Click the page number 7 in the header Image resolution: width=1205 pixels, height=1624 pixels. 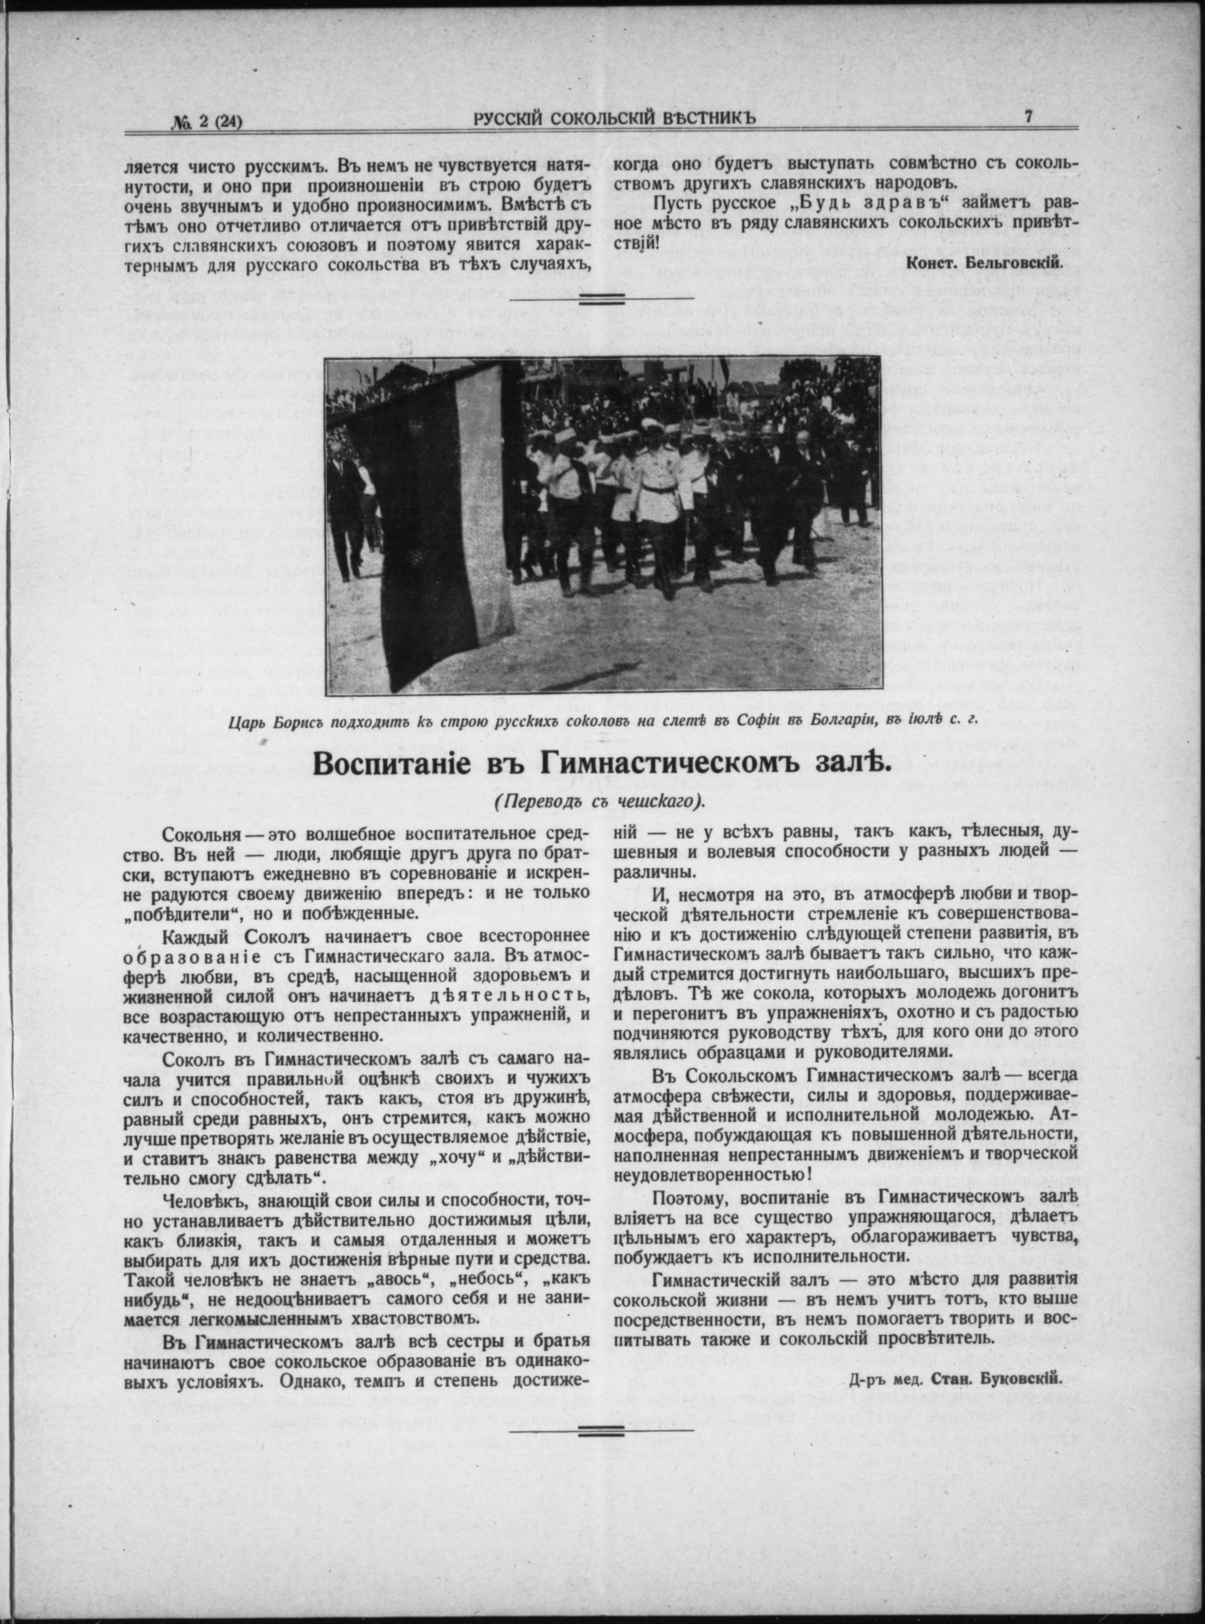click(1027, 117)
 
